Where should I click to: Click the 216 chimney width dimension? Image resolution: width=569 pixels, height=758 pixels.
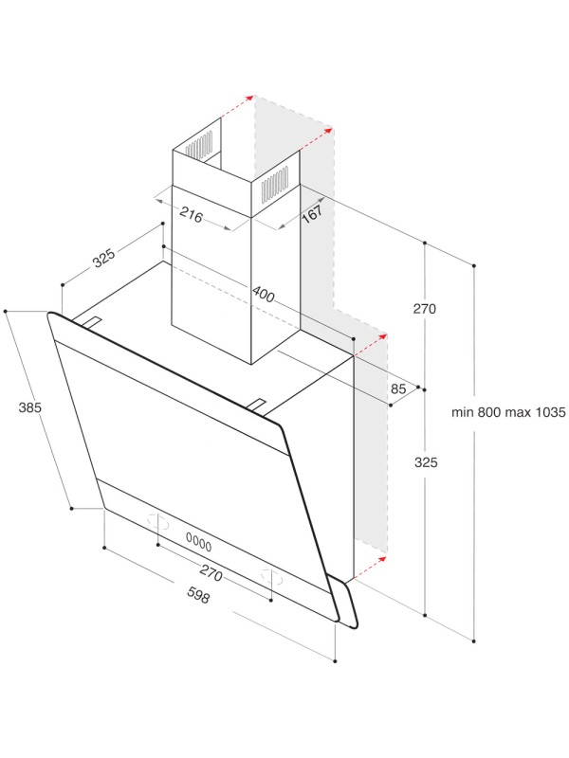pyautogui.click(x=192, y=215)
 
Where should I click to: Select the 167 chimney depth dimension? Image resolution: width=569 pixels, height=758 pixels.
pyautogui.click(x=313, y=213)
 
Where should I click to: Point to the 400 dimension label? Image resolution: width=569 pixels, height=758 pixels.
pyautogui.click(x=264, y=296)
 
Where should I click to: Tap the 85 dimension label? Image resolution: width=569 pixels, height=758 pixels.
pyautogui.click(x=398, y=388)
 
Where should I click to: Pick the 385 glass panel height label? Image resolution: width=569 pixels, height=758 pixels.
pyautogui.click(x=30, y=408)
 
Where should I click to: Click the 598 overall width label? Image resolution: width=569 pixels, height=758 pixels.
pyautogui.click(x=197, y=597)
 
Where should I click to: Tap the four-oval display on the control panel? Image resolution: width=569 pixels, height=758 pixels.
pyautogui.click(x=198, y=543)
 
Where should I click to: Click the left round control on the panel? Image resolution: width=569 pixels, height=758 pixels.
pyautogui.click(x=158, y=522)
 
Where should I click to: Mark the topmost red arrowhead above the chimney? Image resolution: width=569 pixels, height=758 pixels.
pyautogui.click(x=250, y=97)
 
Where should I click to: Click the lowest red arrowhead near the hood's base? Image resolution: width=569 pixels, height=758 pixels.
pyautogui.click(x=382, y=559)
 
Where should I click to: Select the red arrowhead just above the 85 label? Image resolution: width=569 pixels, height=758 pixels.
pyautogui.click(x=383, y=334)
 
